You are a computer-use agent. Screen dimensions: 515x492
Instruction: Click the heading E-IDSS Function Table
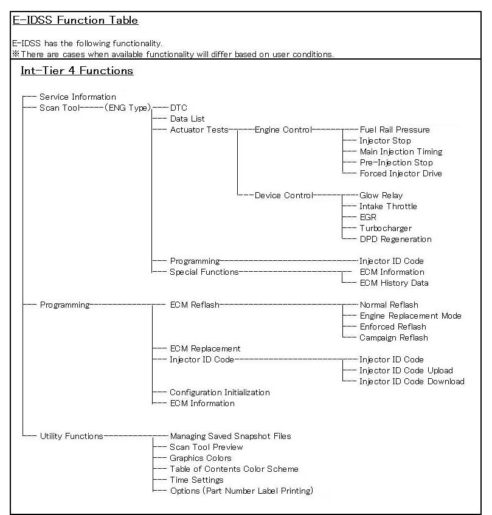[75, 20]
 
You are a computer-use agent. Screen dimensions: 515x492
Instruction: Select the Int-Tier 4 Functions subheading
[77, 71]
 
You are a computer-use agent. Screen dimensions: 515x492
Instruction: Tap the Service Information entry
[77, 97]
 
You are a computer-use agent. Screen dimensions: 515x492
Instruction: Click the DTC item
[179, 108]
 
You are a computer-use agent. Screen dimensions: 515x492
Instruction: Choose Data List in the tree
[187, 119]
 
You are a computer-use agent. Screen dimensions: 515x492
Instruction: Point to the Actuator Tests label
[199, 130]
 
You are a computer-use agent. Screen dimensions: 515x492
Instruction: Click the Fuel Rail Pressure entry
[395, 130]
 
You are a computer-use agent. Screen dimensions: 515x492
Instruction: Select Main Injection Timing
[401, 151]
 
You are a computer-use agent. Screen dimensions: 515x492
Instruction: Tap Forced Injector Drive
[401, 173]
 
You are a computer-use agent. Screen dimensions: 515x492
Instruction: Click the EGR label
[368, 217]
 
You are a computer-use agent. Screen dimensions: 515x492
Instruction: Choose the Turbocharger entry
[386, 228]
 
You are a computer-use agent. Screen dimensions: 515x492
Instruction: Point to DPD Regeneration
[395, 239]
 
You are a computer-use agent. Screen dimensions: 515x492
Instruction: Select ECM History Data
[394, 283]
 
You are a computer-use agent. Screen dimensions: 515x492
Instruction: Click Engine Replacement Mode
[411, 316]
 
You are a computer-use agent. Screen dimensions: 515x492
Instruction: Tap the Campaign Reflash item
[393, 337]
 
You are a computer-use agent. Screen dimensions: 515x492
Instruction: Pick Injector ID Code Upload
[406, 370]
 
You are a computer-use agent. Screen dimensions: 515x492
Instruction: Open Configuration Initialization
[220, 392]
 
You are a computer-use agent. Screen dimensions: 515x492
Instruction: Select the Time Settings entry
[196, 480]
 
